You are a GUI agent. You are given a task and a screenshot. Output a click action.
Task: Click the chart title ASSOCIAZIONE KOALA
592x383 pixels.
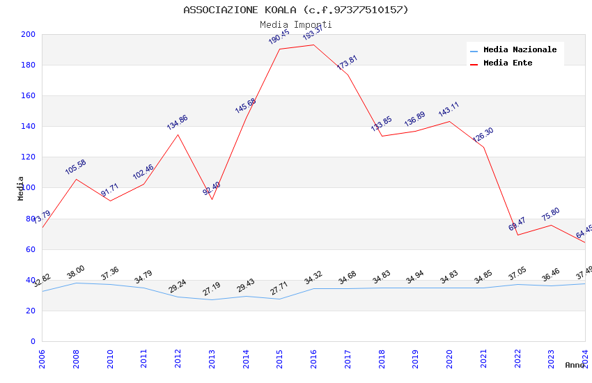tap(296, 10)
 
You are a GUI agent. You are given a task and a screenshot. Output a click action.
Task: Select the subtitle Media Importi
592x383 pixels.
tap(296, 24)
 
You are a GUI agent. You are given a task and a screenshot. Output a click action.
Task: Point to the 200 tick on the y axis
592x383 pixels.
tap(28, 35)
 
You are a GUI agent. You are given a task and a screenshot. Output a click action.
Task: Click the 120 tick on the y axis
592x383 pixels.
tap(28, 157)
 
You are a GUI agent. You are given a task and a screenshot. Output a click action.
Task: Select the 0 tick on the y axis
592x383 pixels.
tap(32, 342)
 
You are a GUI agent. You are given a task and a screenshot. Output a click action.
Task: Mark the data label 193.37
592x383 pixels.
tap(313, 33)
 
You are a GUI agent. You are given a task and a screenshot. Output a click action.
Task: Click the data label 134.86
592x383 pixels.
tap(177, 123)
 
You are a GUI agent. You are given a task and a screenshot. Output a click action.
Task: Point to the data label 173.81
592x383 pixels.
tap(347, 63)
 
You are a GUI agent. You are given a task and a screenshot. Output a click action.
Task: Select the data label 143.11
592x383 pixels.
tap(449, 110)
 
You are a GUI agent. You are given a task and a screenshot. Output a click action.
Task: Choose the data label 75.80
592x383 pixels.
tap(550, 214)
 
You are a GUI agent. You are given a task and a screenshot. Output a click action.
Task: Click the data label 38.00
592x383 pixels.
tap(76, 272)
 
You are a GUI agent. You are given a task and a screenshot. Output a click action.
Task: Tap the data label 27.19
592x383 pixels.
tap(211, 288)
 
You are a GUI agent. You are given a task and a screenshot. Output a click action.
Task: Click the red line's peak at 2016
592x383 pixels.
tap(313, 45)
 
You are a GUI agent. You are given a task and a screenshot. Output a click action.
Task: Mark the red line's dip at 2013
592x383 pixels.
tap(212, 200)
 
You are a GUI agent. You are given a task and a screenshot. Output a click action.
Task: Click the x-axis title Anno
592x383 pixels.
tap(575, 365)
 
